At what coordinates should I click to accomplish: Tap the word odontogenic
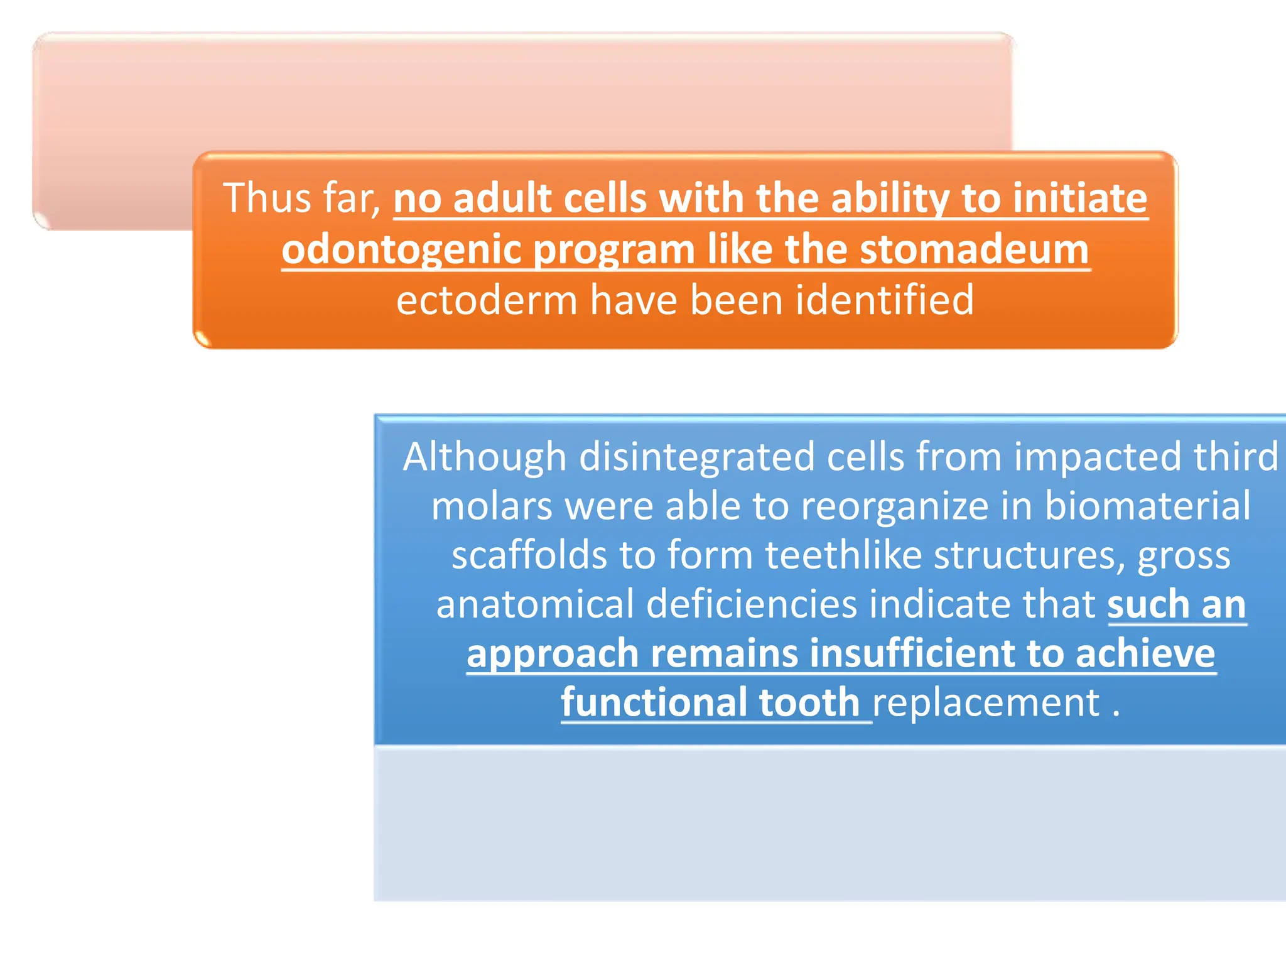(401, 250)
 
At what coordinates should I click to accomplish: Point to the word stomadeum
(974, 249)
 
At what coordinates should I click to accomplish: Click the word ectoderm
(487, 300)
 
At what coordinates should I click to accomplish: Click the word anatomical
(534, 604)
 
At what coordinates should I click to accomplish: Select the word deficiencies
(751, 604)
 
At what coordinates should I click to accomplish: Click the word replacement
(986, 702)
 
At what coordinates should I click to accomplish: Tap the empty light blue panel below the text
(829, 823)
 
